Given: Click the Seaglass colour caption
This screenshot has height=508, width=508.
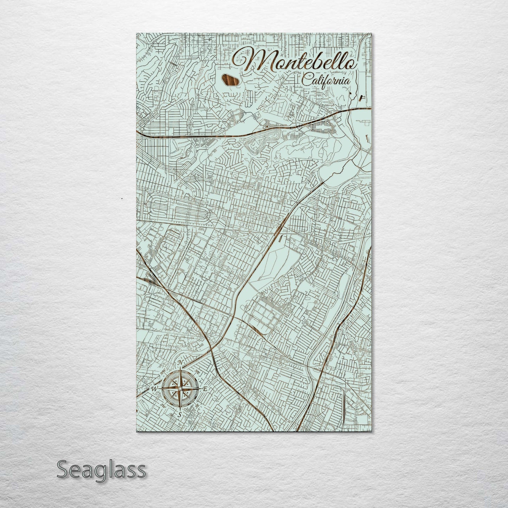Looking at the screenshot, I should click(101, 470).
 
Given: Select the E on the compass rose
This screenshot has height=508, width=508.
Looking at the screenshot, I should click(206, 388).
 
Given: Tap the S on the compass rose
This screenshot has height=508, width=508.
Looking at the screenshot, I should click(180, 414).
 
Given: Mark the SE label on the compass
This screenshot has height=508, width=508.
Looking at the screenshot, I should click(197, 405).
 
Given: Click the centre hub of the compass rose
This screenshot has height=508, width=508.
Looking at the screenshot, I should click(180, 388).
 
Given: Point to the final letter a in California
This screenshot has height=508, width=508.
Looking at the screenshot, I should click(347, 82).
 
